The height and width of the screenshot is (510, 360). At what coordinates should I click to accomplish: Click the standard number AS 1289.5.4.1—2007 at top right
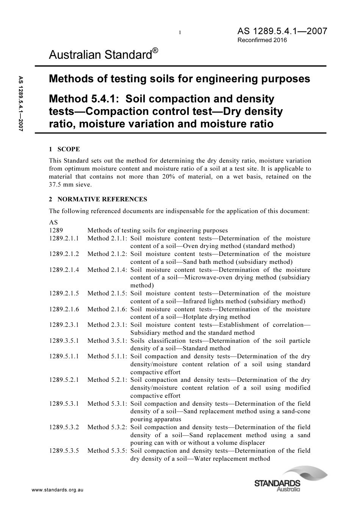[x=282, y=31]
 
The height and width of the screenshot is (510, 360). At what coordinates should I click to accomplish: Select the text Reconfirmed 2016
[x=262, y=40]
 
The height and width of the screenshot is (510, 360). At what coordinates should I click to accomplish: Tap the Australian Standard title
[x=100, y=55]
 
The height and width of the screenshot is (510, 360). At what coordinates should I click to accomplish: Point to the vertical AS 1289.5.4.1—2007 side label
[x=21, y=104]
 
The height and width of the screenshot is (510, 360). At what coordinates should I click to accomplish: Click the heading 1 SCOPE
[x=64, y=149]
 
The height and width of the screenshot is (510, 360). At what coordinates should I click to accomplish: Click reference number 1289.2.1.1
[x=64, y=239]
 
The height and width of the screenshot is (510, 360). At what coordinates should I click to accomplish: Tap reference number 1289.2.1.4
[x=64, y=270]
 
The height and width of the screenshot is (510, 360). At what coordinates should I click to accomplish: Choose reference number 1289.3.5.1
[x=64, y=341]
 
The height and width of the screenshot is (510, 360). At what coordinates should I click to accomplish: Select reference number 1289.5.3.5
[x=64, y=451]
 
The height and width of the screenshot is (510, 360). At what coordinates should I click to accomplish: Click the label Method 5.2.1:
[x=107, y=380]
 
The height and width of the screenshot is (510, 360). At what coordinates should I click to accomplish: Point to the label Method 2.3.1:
[x=107, y=325]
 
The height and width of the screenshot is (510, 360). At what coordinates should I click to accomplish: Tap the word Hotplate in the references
[x=196, y=317]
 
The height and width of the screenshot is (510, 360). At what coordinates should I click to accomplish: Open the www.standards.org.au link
[x=57, y=490]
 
